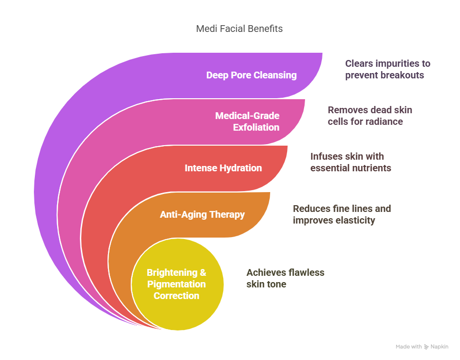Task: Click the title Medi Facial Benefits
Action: tap(239, 29)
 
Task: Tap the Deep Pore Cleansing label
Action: tap(251, 75)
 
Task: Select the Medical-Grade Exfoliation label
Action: tap(247, 121)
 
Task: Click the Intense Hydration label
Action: tap(223, 168)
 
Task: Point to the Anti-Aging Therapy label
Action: tap(202, 214)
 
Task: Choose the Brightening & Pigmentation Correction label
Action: tap(176, 284)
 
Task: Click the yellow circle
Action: tap(178, 284)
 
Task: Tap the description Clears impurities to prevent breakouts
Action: tap(387, 69)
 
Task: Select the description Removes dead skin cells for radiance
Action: tap(370, 116)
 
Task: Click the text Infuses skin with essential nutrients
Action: tap(351, 162)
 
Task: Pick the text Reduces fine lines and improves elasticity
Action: tap(342, 214)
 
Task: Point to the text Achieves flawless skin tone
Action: tap(285, 278)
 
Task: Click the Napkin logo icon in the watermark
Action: tap(426, 347)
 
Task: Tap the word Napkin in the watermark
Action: tap(440, 347)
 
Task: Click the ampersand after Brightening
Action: tap(203, 272)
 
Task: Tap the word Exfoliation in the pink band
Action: tap(256, 128)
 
